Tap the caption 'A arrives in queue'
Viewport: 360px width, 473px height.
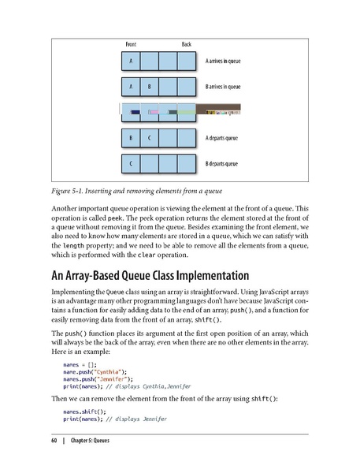(228, 60)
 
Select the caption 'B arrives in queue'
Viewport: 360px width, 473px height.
(228, 86)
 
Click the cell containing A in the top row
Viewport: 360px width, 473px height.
(131, 61)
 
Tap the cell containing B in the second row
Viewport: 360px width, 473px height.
(149, 87)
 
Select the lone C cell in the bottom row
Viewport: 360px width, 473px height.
(131, 165)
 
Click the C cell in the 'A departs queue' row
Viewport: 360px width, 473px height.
(149, 139)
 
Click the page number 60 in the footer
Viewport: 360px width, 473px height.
(54, 439)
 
